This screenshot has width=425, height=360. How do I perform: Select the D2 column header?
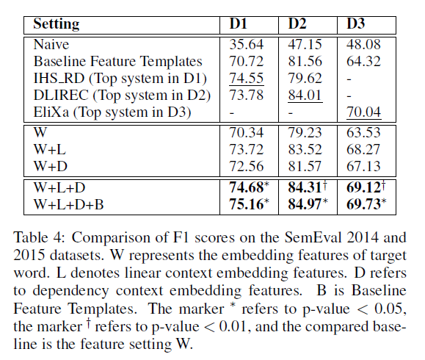pos(297,24)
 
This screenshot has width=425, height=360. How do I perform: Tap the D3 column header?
pos(356,24)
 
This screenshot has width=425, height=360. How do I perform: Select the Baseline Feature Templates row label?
pos(117,62)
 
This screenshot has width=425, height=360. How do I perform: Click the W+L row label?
pos(52,150)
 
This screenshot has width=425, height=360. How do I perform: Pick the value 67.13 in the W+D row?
pos(363,166)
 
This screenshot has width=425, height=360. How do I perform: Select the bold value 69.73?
pos(364,204)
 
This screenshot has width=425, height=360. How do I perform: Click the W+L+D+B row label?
pos(70,204)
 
